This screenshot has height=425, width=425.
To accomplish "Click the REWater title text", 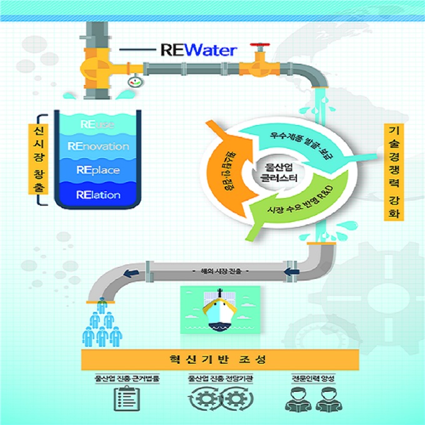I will click(x=198, y=49).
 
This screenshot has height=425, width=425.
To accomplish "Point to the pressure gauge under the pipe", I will click(x=133, y=81).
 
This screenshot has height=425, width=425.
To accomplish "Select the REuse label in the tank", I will click(x=97, y=124).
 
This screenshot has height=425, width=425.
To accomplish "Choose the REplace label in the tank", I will click(x=98, y=170).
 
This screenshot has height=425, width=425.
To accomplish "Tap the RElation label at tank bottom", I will click(x=98, y=194).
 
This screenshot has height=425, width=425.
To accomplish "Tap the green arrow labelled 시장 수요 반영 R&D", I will click(x=293, y=209).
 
